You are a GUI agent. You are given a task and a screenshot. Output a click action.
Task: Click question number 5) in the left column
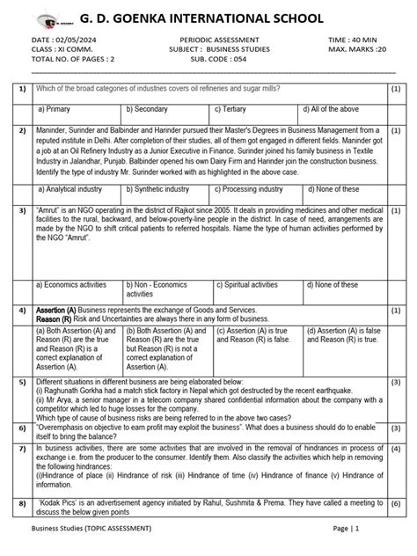pos(19,383)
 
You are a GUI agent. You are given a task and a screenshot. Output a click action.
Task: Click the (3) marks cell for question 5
pos(396,383)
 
